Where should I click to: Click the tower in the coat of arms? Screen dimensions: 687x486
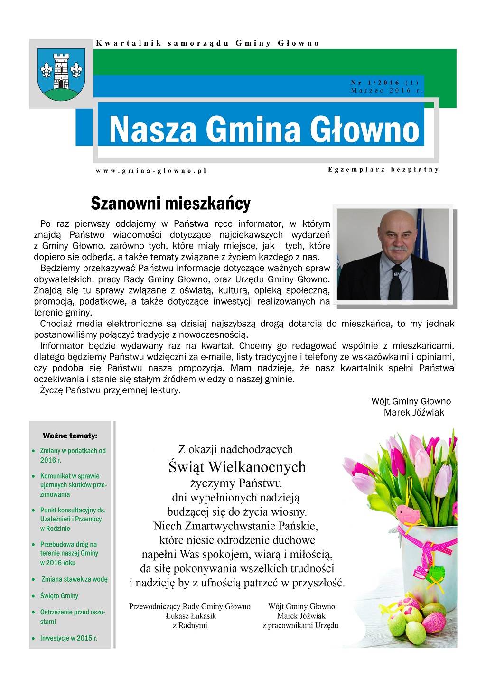tap(61, 71)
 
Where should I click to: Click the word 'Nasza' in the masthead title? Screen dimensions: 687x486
tap(152, 130)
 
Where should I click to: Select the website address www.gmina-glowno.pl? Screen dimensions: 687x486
tap(151, 171)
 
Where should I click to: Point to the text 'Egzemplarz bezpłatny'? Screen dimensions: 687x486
tap(383, 170)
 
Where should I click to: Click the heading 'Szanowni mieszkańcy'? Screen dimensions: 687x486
tap(170, 204)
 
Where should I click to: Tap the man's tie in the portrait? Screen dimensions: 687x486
tap(395, 282)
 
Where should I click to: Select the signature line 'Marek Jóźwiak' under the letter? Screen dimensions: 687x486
tap(414, 413)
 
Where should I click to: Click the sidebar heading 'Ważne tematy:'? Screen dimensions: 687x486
tap(70, 436)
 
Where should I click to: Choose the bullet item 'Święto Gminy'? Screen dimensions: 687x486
tap(59, 596)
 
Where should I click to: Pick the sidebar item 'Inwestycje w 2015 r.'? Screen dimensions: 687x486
tap(69, 638)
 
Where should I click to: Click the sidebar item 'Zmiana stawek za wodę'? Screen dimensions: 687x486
tap(75, 579)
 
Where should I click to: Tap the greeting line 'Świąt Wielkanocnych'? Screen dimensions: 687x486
tap(237, 467)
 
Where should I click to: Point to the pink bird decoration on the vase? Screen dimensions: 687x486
tap(408, 516)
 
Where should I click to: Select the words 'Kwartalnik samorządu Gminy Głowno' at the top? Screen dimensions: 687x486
tap(207, 43)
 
